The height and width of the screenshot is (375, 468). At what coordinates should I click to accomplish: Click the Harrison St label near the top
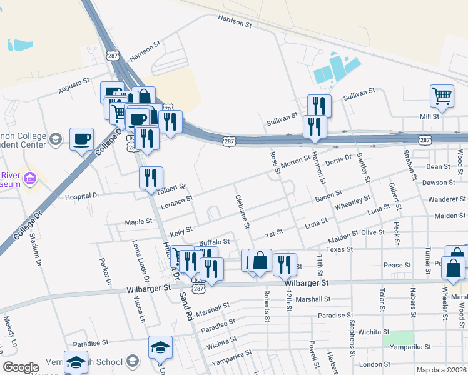point(235,22)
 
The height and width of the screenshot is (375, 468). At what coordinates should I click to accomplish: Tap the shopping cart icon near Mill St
point(442,96)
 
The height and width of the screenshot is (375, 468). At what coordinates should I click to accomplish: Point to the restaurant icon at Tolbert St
point(151,178)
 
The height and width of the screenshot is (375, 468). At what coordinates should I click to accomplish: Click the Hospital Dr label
point(82,196)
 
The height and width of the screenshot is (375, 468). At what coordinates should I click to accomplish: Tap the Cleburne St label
point(243,211)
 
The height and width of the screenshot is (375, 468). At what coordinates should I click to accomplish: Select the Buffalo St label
point(214,241)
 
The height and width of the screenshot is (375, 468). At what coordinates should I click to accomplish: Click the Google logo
point(21,367)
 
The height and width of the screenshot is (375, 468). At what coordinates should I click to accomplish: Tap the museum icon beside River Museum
point(29,180)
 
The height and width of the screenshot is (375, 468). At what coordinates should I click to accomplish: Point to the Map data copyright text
point(441,369)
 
